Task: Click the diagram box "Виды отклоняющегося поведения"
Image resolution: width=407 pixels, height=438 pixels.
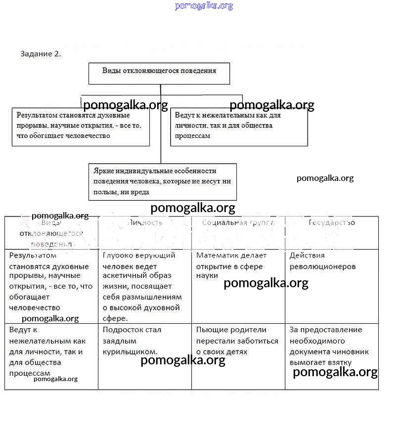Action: pos(159,73)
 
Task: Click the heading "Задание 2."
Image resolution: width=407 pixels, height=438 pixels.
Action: pos(41,54)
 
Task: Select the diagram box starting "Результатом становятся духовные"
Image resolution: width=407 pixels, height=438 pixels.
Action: pos(81,127)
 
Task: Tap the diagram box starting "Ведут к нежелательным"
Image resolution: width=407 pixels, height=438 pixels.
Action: pos(239,127)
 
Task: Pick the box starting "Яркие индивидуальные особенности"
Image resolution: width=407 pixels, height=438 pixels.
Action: pos(162,181)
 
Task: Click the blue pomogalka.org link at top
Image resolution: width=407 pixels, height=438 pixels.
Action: pos(203,6)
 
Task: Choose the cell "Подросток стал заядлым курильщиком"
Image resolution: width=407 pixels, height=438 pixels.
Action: pos(144,356)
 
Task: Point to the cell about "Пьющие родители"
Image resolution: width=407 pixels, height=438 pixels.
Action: pos(238,356)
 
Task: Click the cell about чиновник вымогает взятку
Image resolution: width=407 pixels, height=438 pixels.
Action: pos(331,356)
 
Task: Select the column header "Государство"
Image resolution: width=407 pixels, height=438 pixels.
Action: pos(331,223)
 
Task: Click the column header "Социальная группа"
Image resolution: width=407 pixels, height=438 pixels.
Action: pos(238,223)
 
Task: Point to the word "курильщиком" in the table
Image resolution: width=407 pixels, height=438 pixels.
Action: pos(130,352)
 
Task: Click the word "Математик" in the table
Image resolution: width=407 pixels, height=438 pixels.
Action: pos(216,256)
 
